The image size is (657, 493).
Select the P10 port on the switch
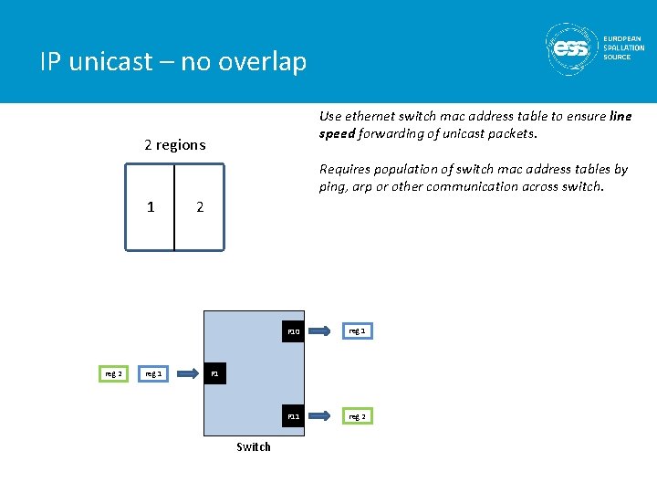(293, 331)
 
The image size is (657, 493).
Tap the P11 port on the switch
(293, 416)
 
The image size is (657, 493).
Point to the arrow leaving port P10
(319, 331)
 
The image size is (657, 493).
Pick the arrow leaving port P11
(319, 416)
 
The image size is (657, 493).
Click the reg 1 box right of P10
(357, 331)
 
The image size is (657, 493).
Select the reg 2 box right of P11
(357, 416)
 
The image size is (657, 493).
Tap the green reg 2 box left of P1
(113, 373)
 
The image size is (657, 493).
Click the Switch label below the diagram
(254, 446)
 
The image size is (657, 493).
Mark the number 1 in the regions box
(151, 207)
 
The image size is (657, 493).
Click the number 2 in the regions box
(200, 207)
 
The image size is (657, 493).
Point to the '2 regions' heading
(175, 144)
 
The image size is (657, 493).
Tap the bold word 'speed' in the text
(336, 133)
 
